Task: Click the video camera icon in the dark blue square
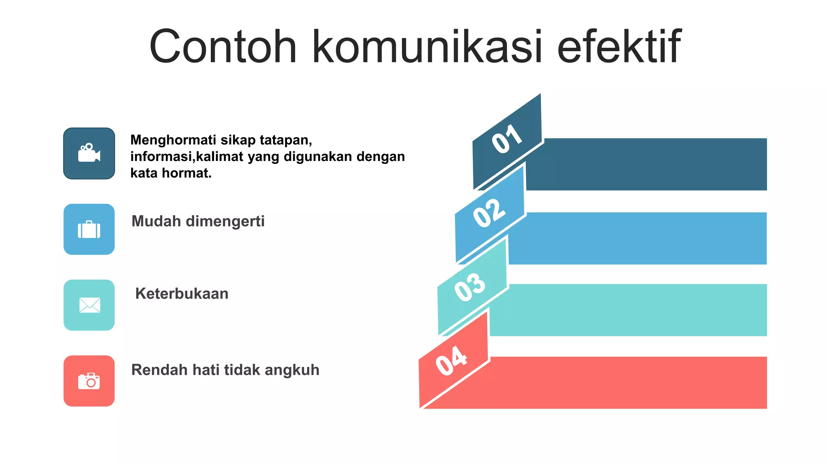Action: [89, 153]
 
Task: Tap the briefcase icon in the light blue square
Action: [89, 230]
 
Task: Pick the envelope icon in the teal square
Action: [89, 305]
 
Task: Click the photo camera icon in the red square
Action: [89, 381]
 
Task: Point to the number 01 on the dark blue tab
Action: [507, 139]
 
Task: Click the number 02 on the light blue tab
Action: [489, 213]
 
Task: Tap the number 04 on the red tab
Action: [451, 360]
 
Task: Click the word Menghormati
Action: [173, 140]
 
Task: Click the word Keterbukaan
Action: [182, 294]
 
